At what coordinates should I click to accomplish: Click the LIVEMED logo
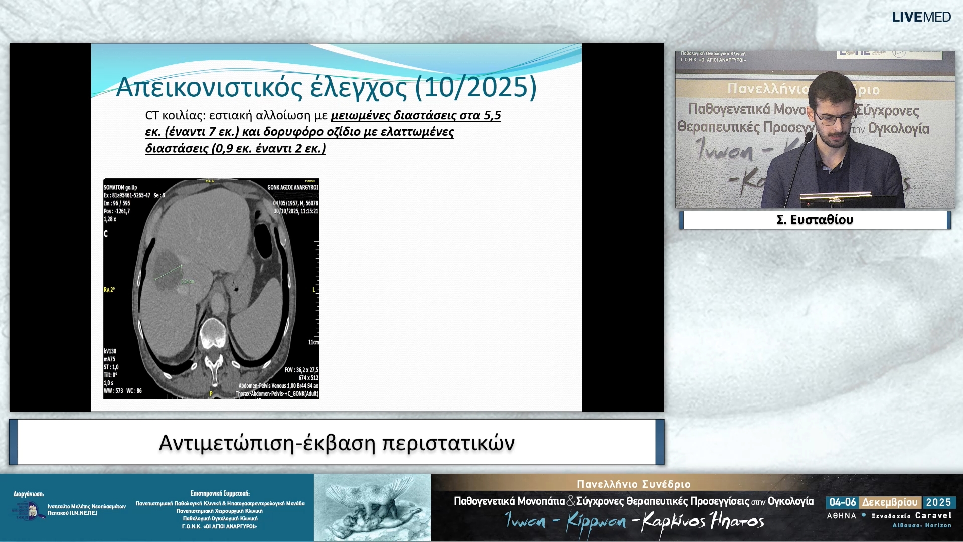pyautogui.click(x=921, y=17)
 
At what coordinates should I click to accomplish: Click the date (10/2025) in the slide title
pyautogui.click(x=476, y=87)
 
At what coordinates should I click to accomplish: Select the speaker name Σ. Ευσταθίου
pyautogui.click(x=815, y=220)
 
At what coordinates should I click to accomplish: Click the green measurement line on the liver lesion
pyautogui.click(x=168, y=273)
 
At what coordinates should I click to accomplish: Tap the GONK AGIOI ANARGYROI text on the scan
pyautogui.click(x=292, y=187)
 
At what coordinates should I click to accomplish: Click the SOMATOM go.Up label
pyautogui.click(x=120, y=187)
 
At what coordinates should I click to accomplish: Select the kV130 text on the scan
pyautogui.click(x=110, y=351)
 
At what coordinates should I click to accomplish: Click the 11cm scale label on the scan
pyautogui.click(x=313, y=342)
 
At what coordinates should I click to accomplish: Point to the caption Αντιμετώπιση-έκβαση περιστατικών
pyautogui.click(x=337, y=443)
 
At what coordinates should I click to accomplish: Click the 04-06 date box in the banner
pyautogui.click(x=842, y=502)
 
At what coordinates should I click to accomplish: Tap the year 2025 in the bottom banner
pyautogui.click(x=938, y=502)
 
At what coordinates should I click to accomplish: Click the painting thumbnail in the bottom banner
pyautogui.click(x=372, y=507)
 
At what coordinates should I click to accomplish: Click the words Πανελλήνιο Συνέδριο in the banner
pyautogui.click(x=633, y=484)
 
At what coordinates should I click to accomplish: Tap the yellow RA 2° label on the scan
pyautogui.click(x=109, y=290)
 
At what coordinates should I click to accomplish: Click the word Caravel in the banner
pyautogui.click(x=933, y=515)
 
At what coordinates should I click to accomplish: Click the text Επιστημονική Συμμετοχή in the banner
pyautogui.click(x=220, y=493)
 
